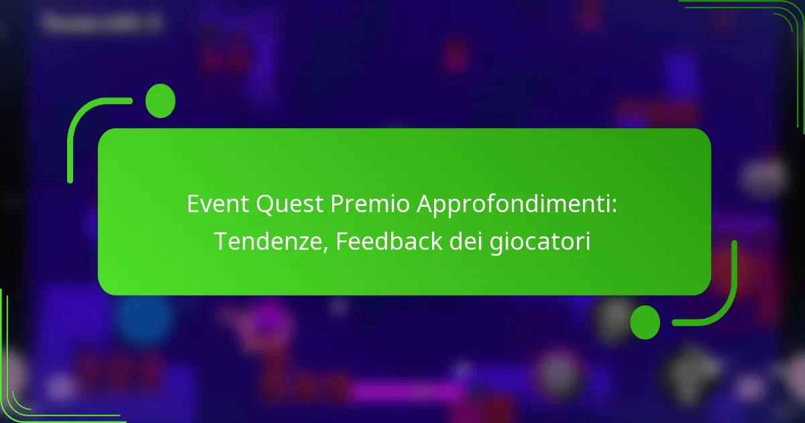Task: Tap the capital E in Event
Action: [193, 205]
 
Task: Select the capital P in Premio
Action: [337, 205]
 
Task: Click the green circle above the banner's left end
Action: [160, 101]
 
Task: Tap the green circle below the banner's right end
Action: [645, 322]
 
